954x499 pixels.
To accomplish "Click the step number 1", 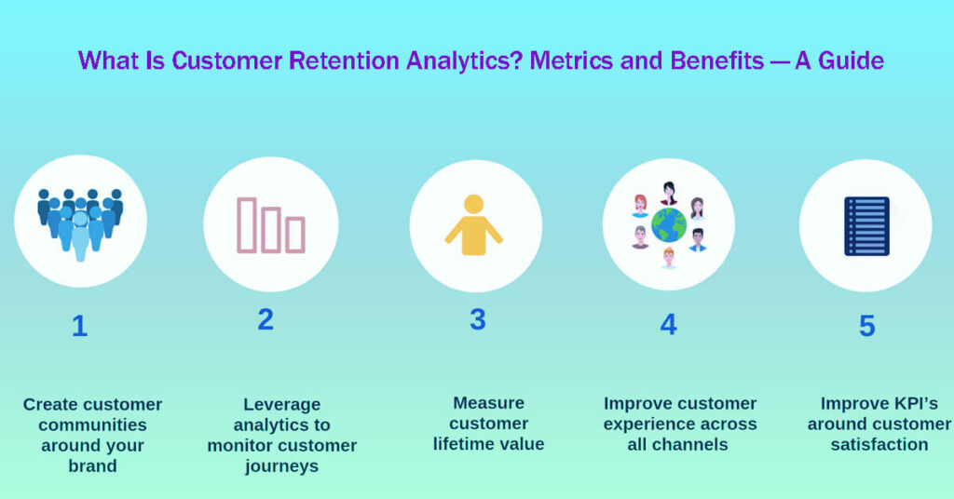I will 79,327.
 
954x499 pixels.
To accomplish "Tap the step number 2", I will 266,320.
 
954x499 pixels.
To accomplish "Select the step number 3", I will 477,319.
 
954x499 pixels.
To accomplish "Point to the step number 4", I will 668,324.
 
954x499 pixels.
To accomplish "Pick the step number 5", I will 866,327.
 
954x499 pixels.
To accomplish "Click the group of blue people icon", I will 80,222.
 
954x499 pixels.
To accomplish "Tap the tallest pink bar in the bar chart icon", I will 247,224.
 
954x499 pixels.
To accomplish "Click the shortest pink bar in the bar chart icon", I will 294,235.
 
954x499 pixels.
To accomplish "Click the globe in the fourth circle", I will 668,224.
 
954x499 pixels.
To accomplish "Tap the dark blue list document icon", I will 866,226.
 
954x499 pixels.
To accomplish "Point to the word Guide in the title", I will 852,61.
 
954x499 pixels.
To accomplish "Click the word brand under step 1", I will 92,465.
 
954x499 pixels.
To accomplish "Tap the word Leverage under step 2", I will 281,404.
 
